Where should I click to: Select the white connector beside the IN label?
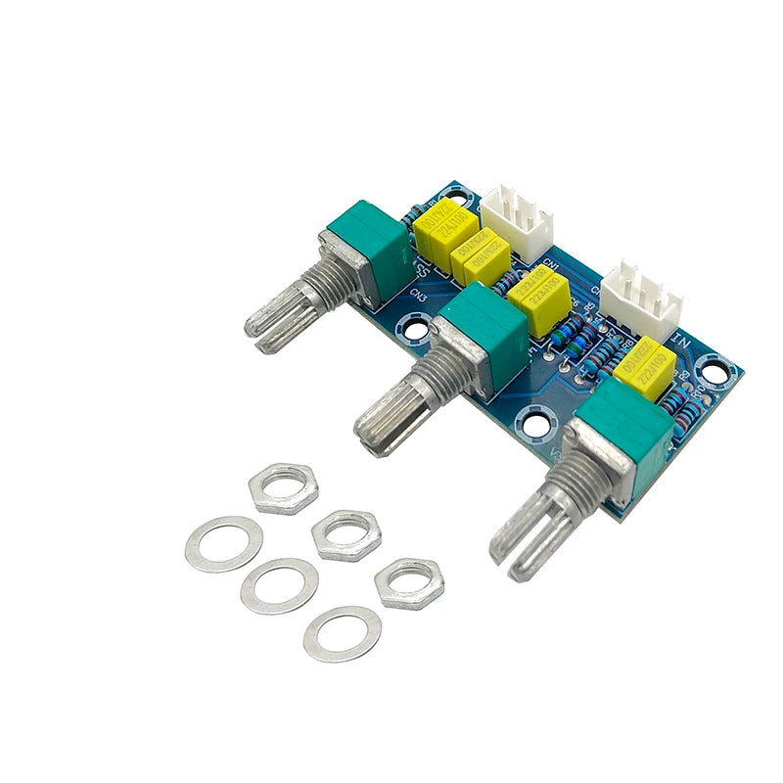[x=642, y=294]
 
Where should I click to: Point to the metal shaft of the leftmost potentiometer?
[x=289, y=308]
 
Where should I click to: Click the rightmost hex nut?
[x=409, y=583]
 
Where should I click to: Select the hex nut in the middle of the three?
[x=346, y=534]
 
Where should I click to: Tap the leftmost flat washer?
[x=223, y=543]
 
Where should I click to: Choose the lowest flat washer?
[x=342, y=633]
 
